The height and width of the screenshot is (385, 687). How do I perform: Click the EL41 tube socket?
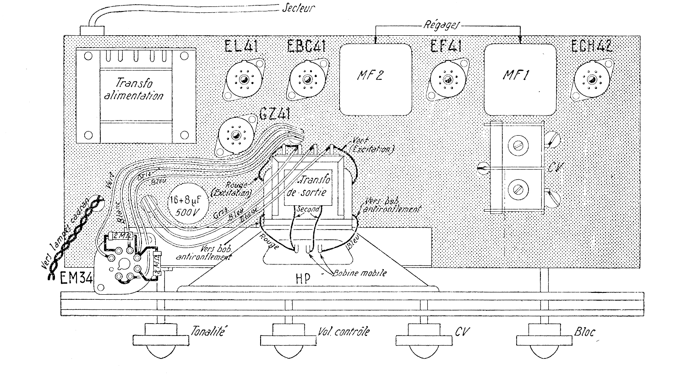[243, 80]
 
